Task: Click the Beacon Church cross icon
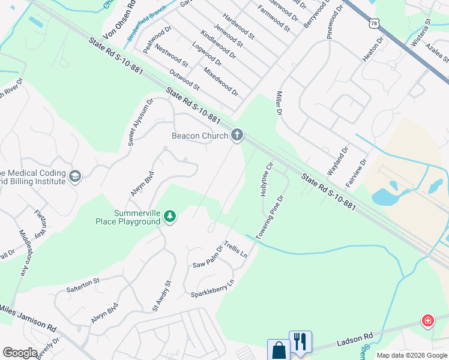coord(237,136)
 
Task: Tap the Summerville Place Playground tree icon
coord(170,217)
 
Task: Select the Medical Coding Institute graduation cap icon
coord(75,176)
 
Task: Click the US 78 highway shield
coord(375,23)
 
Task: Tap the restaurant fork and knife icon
coord(300,342)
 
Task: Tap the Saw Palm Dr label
coord(208,257)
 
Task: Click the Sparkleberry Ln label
coord(212,288)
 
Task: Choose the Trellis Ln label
coord(236,250)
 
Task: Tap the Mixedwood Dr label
coord(221,82)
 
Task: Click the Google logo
coord(20,353)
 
